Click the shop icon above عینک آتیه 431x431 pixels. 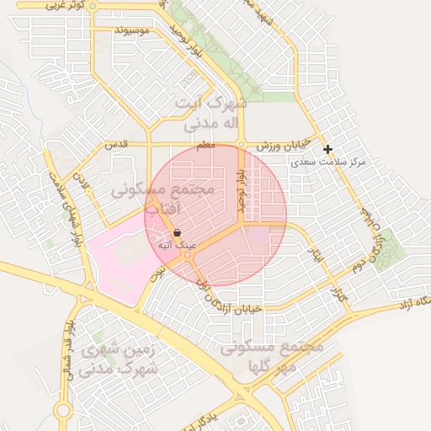coord(178,232)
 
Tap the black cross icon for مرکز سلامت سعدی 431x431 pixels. coord(328,149)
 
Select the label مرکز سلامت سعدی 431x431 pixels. coord(328,161)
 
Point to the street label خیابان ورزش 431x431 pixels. coord(284,145)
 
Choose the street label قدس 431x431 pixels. coord(115,145)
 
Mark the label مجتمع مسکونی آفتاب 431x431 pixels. coord(163,200)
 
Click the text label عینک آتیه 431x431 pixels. coord(178,245)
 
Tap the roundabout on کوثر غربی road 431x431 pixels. coord(93,6)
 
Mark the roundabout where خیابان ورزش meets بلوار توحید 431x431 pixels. coord(242,145)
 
